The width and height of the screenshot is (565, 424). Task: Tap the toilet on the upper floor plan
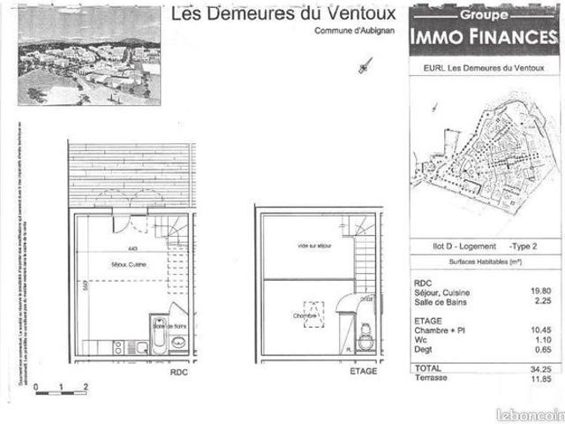[365, 335]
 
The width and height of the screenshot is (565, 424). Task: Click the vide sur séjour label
[315, 246]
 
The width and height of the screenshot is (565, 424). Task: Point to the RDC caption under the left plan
[179, 372]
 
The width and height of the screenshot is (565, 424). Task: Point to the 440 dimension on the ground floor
[132, 249]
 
